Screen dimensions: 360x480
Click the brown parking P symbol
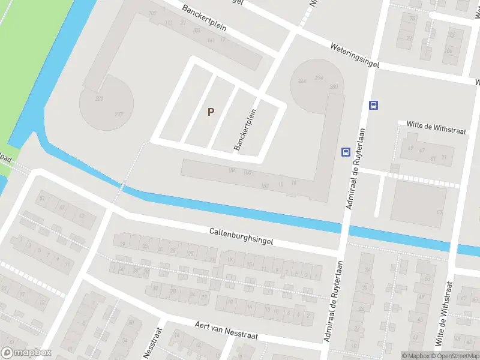[x=211, y=112]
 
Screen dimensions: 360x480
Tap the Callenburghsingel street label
[x=241, y=236]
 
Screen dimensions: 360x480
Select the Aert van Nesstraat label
[x=226, y=330]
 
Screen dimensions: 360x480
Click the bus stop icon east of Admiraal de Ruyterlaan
[x=373, y=106]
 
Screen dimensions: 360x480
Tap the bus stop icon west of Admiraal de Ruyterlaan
[x=346, y=152]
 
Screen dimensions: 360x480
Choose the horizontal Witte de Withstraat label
[x=431, y=124]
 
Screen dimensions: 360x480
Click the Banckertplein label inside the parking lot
[x=245, y=129]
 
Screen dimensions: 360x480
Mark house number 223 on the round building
[x=99, y=98]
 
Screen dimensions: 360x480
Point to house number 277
[x=119, y=115]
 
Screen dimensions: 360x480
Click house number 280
[x=334, y=87]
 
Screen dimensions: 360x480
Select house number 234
[x=319, y=78]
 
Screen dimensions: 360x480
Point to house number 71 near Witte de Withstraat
[x=444, y=157]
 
